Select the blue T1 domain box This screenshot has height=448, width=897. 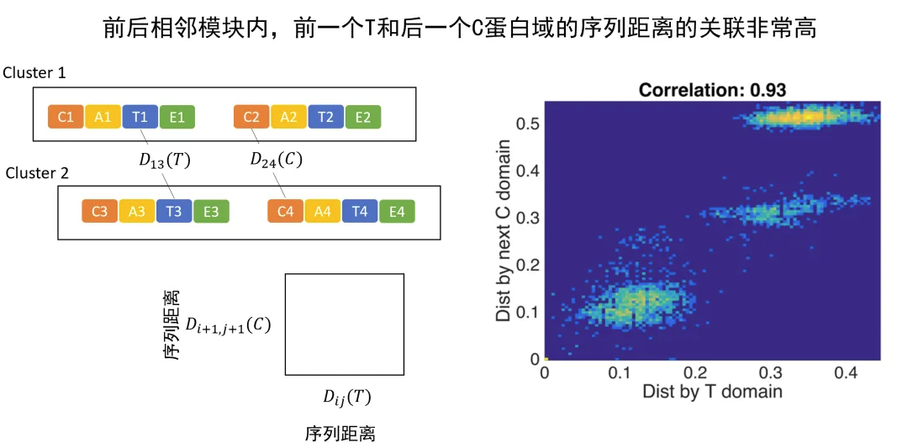point(140,117)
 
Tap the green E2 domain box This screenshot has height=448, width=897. point(362,117)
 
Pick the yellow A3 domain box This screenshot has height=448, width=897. point(137,211)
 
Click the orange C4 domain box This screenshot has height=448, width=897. point(285,211)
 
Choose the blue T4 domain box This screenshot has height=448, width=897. point(359,211)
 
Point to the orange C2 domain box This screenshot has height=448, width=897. point(251,117)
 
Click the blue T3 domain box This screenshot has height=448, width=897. point(174,211)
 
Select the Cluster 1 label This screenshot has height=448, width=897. point(34,73)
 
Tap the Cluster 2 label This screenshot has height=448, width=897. point(38,173)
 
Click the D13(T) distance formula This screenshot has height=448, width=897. point(165,160)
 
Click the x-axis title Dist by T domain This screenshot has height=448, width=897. point(712,391)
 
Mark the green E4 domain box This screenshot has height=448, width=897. point(396,211)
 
